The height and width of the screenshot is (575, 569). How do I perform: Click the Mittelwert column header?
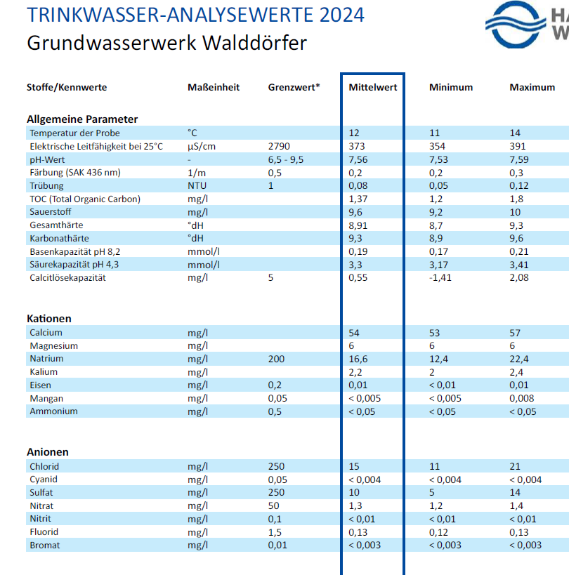pos(373,88)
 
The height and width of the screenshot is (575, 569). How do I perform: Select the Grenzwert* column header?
pos(294,88)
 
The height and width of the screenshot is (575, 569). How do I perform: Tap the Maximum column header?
pos(532,88)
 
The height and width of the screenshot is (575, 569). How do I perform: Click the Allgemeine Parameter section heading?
pos(82,119)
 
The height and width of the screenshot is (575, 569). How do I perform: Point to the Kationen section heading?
pos(49,319)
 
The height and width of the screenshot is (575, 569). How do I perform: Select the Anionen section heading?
pos(48,452)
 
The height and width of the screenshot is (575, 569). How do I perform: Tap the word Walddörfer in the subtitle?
pos(244,43)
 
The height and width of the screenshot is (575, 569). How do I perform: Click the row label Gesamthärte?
pos(56,225)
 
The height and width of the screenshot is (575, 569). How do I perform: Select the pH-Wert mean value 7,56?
pos(360,159)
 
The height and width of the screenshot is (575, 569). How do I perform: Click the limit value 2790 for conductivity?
pos(279,146)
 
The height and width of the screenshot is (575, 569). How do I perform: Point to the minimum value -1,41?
pos(441,278)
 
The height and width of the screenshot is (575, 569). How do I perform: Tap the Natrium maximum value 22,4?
pos(520,359)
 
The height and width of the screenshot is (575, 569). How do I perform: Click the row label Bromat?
pos(44,546)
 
